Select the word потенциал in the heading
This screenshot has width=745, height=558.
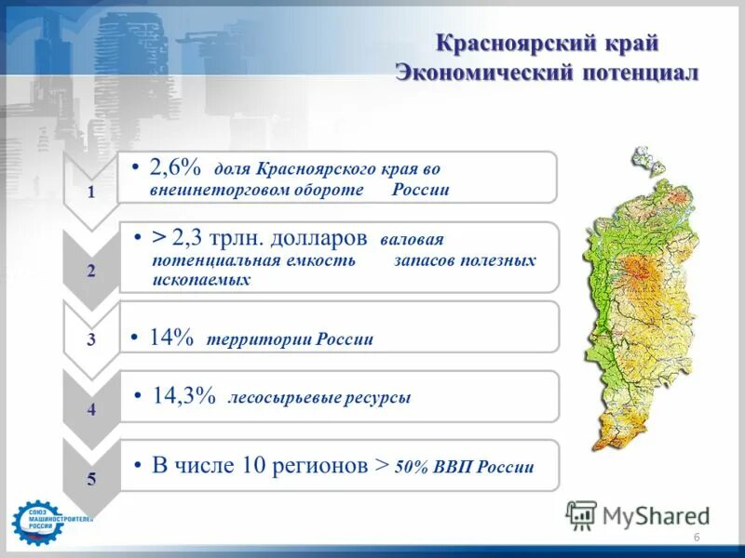click(x=641, y=73)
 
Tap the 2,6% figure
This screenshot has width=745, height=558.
click(x=175, y=167)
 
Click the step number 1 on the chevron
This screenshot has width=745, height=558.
click(x=90, y=193)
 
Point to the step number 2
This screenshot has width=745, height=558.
click(x=90, y=271)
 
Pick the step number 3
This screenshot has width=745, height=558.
click(x=90, y=339)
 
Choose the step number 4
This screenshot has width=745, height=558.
click(x=90, y=409)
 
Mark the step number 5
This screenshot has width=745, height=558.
click(x=90, y=479)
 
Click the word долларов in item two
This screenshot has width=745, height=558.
click(x=318, y=239)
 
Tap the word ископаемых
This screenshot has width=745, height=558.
click(x=201, y=280)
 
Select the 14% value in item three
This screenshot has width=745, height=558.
click(x=171, y=337)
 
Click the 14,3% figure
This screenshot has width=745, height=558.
click(x=183, y=395)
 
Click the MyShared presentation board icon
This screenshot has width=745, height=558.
click(x=581, y=515)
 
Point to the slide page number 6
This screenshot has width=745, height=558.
click(x=697, y=538)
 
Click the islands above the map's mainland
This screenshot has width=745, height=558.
click(x=648, y=161)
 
